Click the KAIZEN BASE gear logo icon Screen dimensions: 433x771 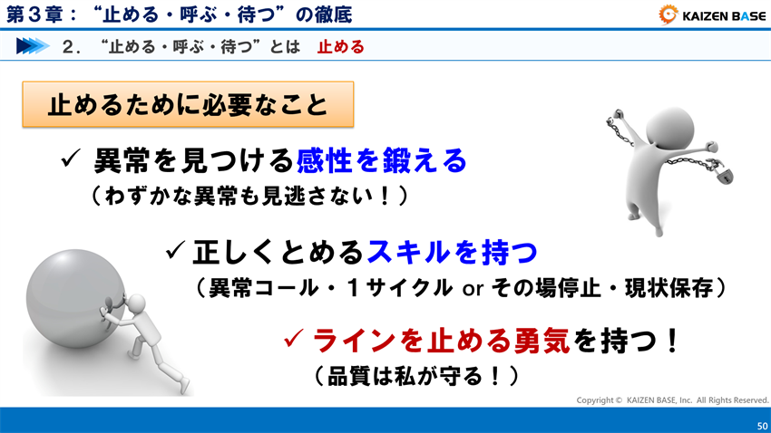[668, 14]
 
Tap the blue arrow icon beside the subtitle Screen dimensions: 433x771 [32, 46]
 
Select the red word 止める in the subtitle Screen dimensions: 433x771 [341, 47]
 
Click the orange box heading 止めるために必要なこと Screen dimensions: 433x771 [187, 106]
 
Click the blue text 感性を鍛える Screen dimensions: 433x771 [381, 161]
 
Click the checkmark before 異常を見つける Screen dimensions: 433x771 [72, 161]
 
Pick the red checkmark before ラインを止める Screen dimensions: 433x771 [293, 341]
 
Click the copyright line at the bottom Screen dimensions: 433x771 [672, 399]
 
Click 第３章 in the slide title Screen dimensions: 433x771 [31, 14]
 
